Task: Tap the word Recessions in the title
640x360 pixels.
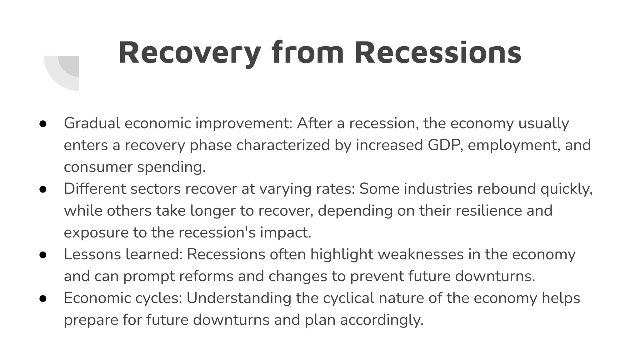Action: [x=438, y=53]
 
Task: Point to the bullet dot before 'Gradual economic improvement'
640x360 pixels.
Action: [x=43, y=124]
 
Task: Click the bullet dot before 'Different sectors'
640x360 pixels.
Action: [x=43, y=189]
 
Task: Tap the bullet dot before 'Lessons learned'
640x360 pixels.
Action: [x=43, y=255]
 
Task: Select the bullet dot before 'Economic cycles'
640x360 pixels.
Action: [x=43, y=298]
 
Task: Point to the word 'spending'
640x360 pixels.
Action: [x=171, y=167]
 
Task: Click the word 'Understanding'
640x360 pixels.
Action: [x=239, y=298]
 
